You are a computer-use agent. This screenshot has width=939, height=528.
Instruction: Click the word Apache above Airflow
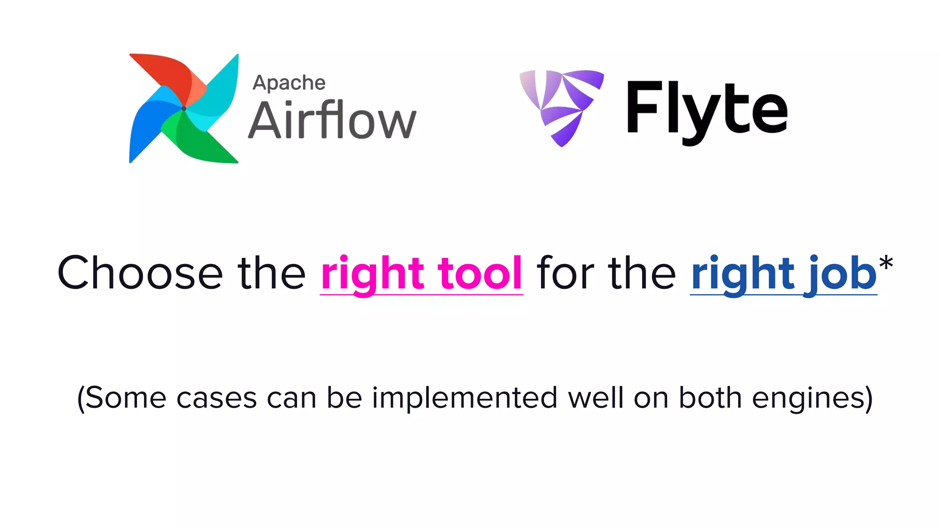pos(289,83)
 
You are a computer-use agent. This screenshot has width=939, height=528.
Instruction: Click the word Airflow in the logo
pos(332,120)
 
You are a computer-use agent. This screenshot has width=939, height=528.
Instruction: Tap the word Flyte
pos(706,110)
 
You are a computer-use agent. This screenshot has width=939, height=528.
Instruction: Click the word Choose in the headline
pos(140,273)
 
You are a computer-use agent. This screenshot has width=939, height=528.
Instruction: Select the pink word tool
pos(480,273)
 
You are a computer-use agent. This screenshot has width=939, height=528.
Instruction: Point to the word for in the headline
pos(566,273)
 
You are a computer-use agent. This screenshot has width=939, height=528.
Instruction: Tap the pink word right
pos(372,274)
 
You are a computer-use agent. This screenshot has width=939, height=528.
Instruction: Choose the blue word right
pos(742,274)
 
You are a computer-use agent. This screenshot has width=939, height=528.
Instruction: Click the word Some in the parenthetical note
pos(125,397)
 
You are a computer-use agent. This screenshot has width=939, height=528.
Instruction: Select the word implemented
pos(464,397)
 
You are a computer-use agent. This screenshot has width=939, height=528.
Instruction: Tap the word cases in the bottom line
pos(216,398)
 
